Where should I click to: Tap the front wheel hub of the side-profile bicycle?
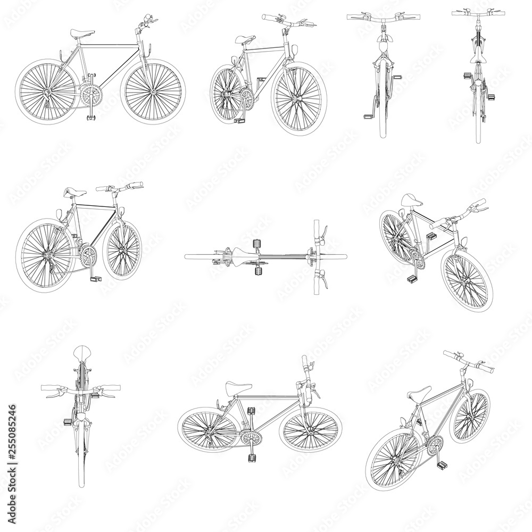(154, 92)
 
